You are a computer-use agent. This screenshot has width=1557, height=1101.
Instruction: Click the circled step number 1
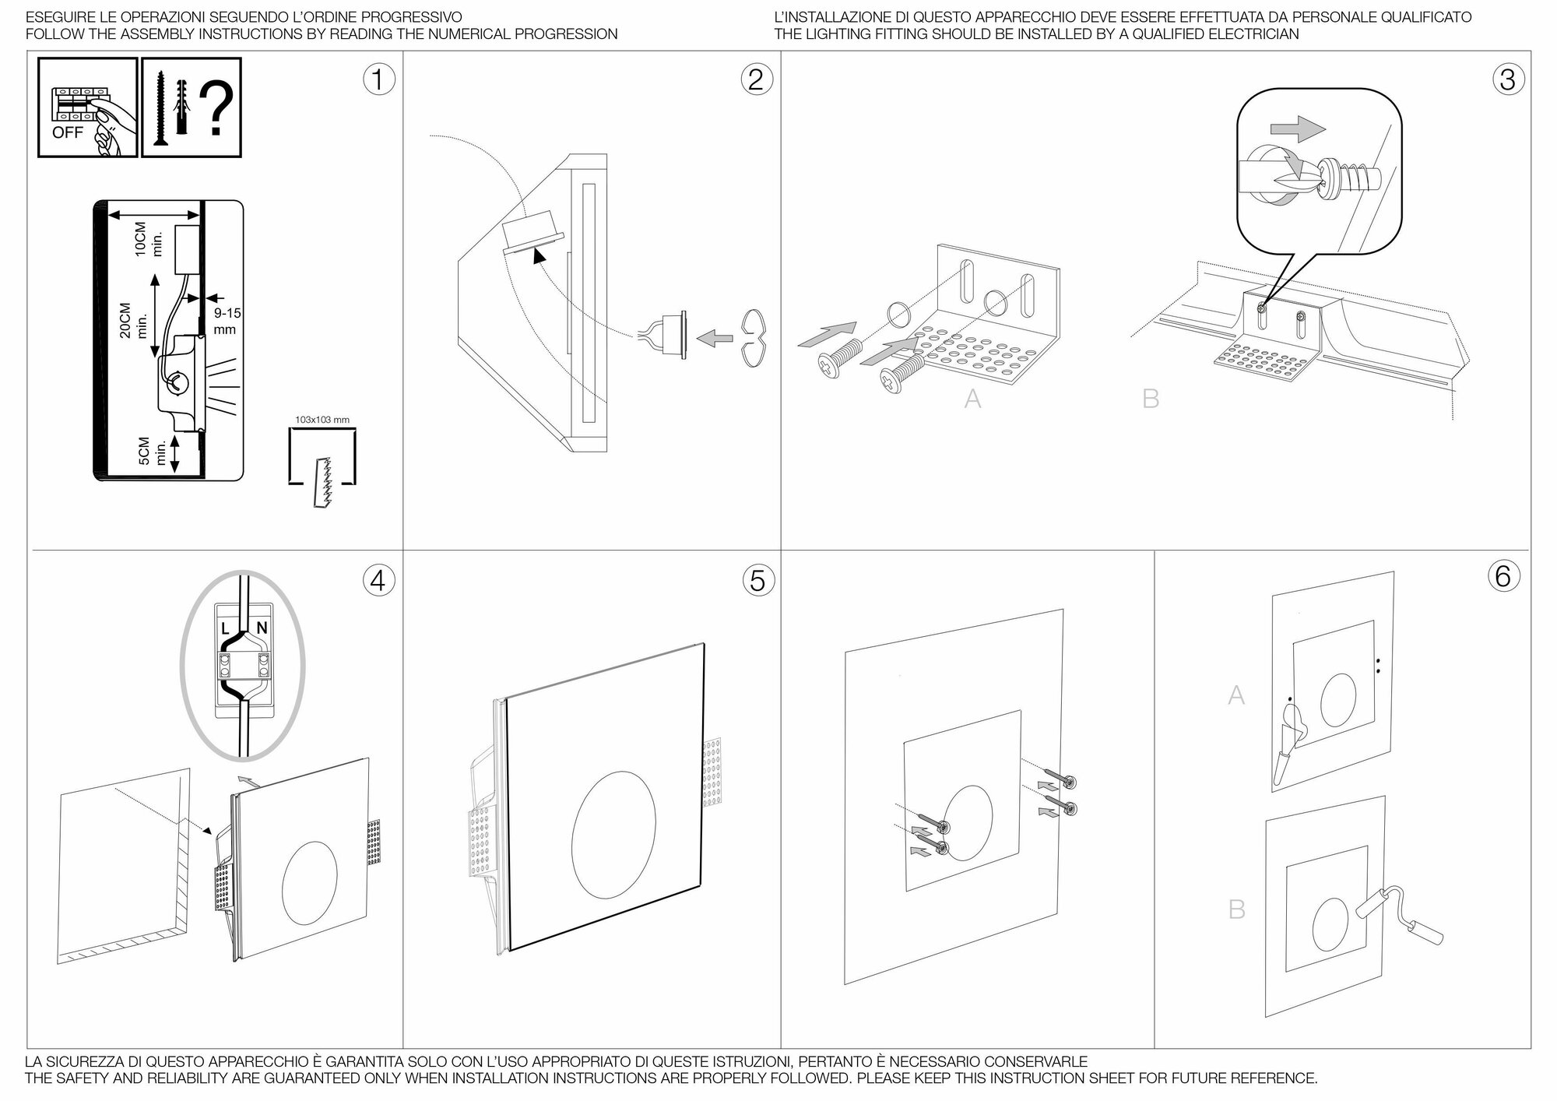pyautogui.click(x=378, y=79)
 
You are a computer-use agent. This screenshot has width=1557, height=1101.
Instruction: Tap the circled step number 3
pyautogui.click(x=1507, y=79)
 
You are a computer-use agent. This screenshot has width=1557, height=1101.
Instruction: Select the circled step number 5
pyautogui.click(x=757, y=580)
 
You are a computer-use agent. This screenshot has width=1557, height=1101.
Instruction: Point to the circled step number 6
pyautogui.click(x=1503, y=576)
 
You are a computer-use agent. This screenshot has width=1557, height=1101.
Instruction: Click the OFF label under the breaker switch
pyautogui.click(x=67, y=132)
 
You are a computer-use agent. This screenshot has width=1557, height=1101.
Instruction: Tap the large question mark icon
pyautogui.click(x=217, y=109)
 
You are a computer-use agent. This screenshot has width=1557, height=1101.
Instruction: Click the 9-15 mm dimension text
pyautogui.click(x=227, y=321)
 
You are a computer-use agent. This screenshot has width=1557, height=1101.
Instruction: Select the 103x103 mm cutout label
pyautogui.click(x=322, y=420)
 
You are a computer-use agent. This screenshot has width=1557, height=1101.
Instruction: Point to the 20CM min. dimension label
pyautogui.click(x=132, y=319)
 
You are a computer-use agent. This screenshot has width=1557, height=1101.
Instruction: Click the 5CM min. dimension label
pyautogui.click(x=151, y=451)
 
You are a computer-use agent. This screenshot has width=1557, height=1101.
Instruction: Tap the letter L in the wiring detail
pyautogui.click(x=225, y=628)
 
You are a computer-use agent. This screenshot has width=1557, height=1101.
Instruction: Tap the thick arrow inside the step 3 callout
pyautogui.click(x=1297, y=128)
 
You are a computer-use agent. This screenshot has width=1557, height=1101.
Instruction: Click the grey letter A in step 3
pyautogui.click(x=972, y=399)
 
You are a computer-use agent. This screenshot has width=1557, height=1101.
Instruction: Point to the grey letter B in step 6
pyautogui.click(x=1236, y=909)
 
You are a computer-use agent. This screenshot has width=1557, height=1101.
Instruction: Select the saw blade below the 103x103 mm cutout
pyautogui.click(x=322, y=483)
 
